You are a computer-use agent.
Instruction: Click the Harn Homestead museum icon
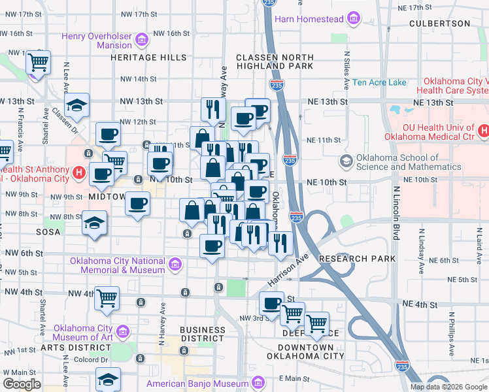point(354,20)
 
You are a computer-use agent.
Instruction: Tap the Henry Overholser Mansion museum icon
point(141,41)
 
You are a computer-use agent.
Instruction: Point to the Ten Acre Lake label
point(379,83)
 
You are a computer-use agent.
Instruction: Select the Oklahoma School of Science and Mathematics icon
point(345,161)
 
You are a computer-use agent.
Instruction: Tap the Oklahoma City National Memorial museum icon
point(175,265)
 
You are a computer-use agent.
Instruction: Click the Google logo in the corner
point(22,384)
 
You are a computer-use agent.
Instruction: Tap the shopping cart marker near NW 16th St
point(39,63)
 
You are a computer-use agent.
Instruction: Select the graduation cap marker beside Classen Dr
point(76,106)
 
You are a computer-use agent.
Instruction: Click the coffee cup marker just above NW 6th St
point(212,246)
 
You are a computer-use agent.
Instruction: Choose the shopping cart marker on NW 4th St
point(107,298)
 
